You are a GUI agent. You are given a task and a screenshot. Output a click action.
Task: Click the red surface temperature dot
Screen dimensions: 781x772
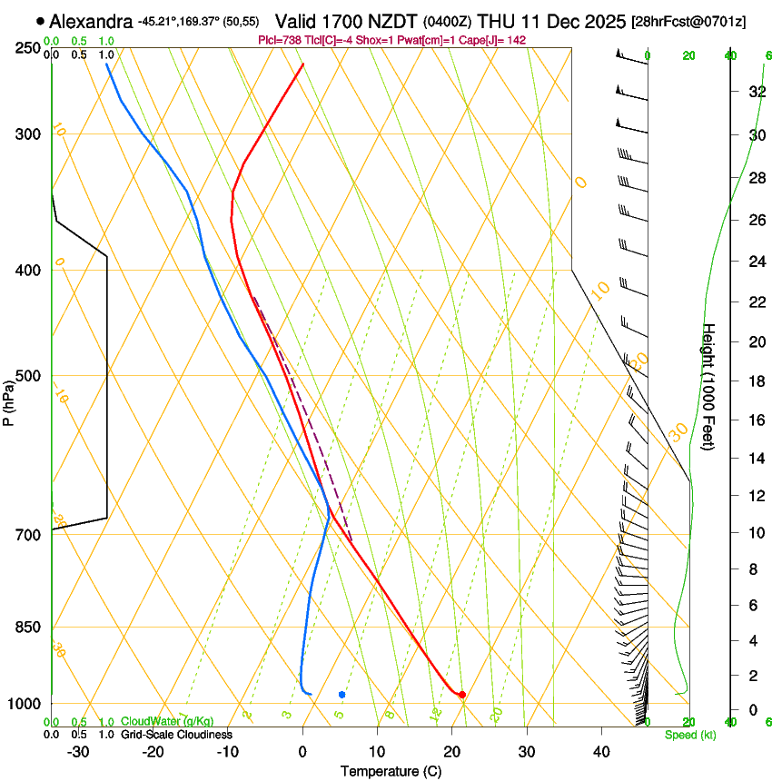462,695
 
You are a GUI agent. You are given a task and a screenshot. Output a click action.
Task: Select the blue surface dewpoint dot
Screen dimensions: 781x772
341,695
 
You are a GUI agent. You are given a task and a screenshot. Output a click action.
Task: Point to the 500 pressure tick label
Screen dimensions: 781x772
29,376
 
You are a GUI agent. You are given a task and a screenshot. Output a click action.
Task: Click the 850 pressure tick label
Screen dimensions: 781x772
29,628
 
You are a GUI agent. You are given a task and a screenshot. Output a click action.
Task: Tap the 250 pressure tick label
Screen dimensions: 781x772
29,48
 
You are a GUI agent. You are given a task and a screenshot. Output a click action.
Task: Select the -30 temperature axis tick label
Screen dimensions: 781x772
78,752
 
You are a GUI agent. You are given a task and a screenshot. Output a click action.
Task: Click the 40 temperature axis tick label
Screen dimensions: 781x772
600,752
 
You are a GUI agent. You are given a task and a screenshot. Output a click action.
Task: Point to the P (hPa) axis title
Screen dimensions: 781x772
9,400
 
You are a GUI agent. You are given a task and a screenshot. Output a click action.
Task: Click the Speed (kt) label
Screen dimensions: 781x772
690,735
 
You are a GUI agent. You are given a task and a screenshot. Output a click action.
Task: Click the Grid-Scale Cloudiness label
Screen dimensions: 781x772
176,735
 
